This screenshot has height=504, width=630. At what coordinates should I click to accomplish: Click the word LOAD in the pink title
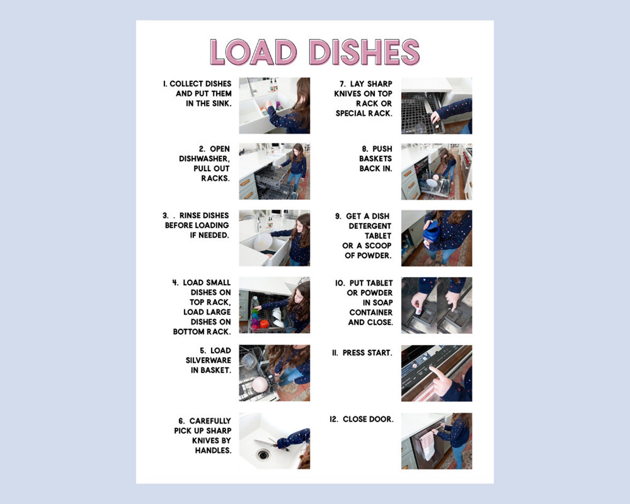point(253,52)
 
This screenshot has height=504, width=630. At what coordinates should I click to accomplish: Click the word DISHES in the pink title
point(364,52)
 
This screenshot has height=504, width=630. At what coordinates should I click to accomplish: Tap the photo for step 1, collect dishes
point(274,106)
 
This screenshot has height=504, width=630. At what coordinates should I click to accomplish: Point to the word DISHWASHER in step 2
point(204,159)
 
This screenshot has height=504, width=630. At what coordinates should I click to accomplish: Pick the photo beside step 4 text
point(274,305)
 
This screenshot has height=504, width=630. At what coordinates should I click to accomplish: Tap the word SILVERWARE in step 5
point(208,360)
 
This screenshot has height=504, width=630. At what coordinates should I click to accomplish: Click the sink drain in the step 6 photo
point(263,454)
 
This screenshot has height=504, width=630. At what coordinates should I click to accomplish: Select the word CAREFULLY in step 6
point(210,421)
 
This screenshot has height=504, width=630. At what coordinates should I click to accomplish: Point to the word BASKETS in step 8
point(375,159)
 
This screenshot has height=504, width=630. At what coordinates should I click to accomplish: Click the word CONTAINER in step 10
point(371,313)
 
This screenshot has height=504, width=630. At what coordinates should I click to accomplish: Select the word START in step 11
point(378,353)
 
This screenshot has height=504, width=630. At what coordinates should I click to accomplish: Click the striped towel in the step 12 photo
point(428,444)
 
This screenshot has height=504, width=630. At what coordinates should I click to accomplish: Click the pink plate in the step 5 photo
point(259,385)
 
